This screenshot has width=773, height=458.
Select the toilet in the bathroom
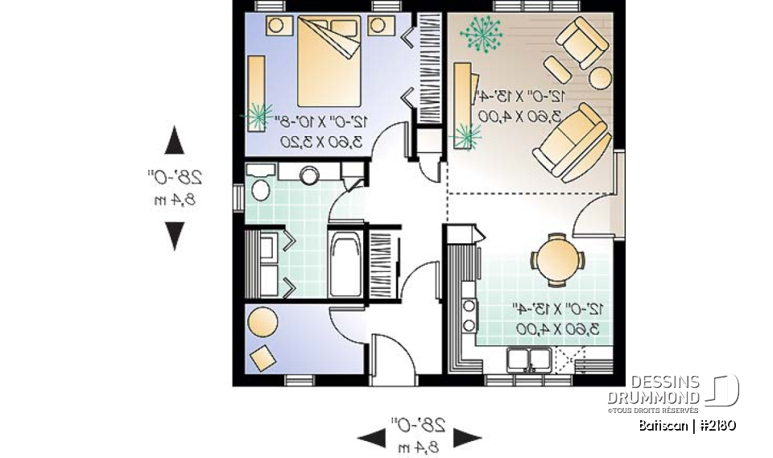click(x=260, y=188)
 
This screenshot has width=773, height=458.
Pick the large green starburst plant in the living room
click(x=481, y=33)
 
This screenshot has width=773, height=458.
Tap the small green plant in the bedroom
click(x=258, y=115)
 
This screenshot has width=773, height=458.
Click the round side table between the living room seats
click(x=601, y=77)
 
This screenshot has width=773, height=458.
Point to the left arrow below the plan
click(x=372, y=438)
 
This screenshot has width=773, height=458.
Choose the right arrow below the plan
click(x=467, y=438)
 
